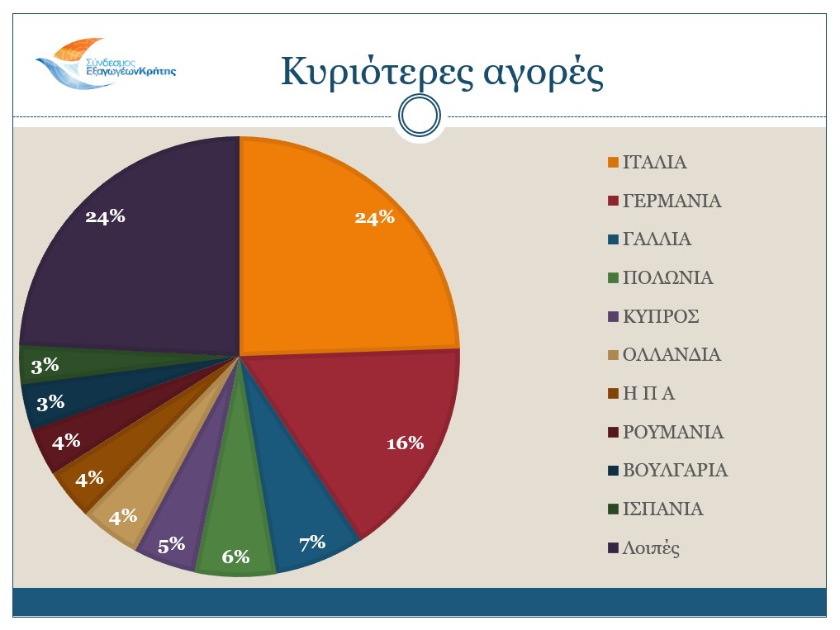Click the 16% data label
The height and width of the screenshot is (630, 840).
405,443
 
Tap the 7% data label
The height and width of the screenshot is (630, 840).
312,543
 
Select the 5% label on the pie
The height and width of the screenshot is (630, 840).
172,544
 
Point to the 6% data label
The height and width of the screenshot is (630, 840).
235,557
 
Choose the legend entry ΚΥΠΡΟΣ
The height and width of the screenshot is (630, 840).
661,317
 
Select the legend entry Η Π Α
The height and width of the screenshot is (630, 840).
649,394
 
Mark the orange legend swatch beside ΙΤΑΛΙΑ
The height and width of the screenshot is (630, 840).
613,163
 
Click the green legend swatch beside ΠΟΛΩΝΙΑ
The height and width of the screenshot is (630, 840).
613,278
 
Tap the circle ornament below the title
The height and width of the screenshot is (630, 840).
419,116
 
